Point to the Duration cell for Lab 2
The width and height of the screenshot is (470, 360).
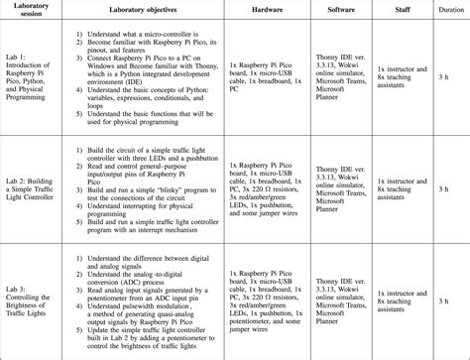[445, 188]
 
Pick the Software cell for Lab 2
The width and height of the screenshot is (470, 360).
[342, 188]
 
